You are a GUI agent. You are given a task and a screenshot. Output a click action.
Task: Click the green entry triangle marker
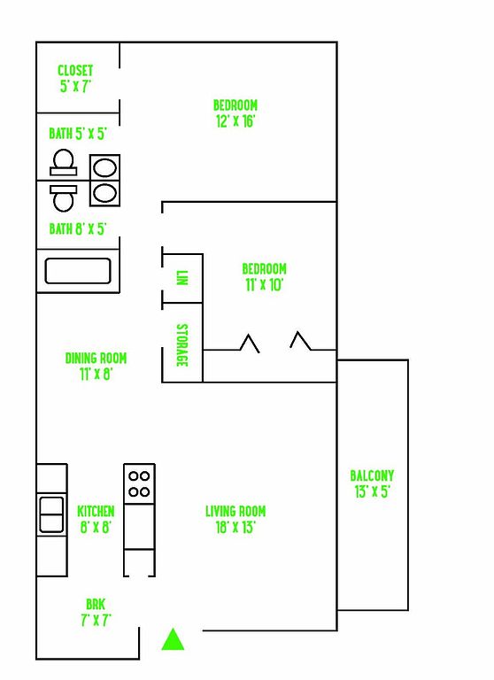click(x=173, y=639)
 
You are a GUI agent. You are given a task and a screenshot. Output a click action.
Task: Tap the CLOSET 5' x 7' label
click(x=75, y=79)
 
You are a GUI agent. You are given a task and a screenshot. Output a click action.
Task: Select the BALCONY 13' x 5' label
click(x=372, y=483)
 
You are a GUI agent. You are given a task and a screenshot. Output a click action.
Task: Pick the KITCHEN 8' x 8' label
click(x=96, y=519)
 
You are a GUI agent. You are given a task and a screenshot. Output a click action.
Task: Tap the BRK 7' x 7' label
click(x=96, y=613)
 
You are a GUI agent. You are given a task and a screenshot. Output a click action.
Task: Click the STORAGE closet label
click(x=182, y=345)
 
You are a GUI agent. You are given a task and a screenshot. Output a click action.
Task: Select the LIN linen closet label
click(x=182, y=277)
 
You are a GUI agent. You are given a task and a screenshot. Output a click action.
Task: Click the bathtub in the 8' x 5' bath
click(x=78, y=271)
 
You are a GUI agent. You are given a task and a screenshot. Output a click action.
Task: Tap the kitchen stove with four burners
click(x=139, y=484)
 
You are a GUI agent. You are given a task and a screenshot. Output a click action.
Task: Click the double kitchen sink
click(x=51, y=514)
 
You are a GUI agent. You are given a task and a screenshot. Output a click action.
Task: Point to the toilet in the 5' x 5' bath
click(x=64, y=162)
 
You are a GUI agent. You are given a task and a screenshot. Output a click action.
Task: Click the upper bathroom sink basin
click(x=105, y=167)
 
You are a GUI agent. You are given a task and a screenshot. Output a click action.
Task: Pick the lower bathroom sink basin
click(x=105, y=192)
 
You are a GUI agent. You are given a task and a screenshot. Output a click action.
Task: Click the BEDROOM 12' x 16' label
click(x=235, y=113)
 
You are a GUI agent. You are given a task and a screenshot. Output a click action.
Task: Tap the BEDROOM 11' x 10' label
click(x=264, y=276)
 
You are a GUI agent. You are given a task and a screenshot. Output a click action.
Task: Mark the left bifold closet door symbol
click(x=250, y=344)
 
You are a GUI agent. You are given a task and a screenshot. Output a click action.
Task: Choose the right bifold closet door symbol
click(x=300, y=341)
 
